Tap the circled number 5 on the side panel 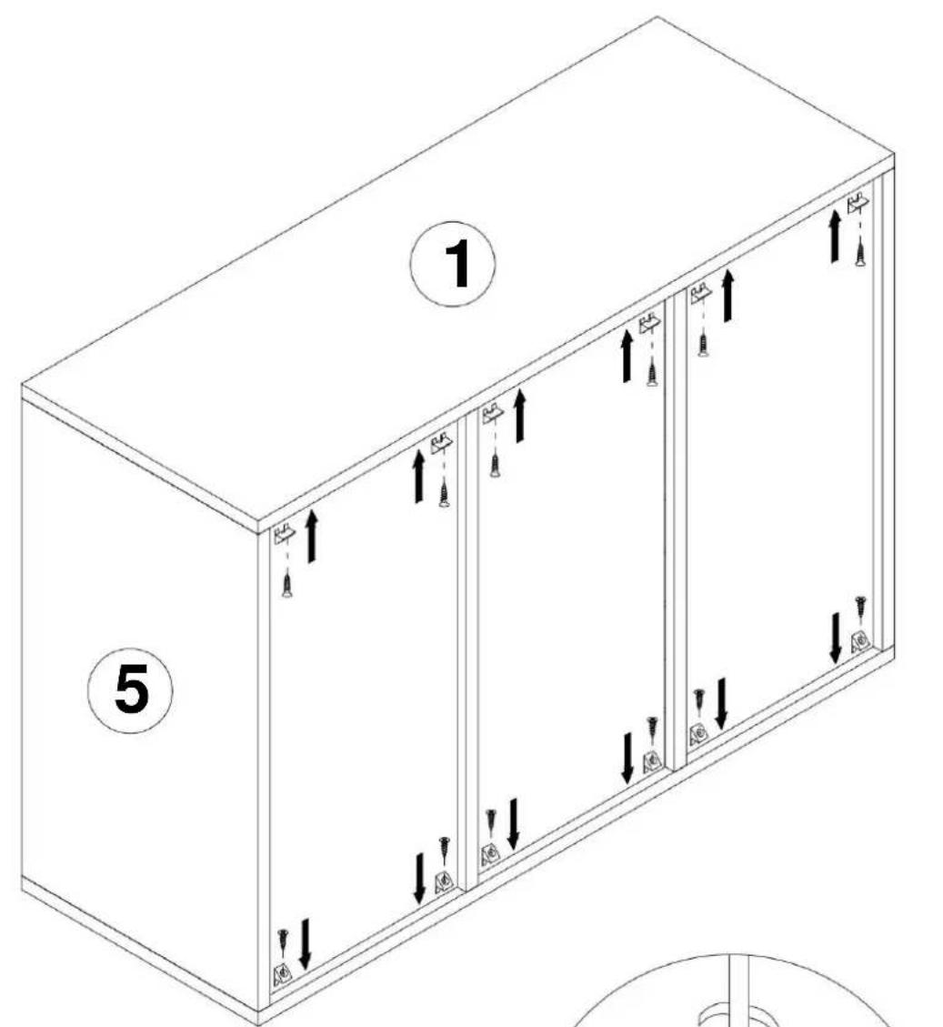(x=131, y=690)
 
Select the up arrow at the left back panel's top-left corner (x=312, y=536)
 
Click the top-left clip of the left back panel (x=285, y=534)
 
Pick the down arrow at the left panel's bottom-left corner (x=305, y=944)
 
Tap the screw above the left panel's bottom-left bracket (x=283, y=941)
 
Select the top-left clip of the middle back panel (x=493, y=414)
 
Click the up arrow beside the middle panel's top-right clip (x=627, y=356)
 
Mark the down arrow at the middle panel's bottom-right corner (x=627, y=757)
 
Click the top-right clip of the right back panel (x=858, y=203)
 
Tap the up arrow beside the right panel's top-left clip (x=727, y=296)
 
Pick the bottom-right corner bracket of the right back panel (x=860, y=642)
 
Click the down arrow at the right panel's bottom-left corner (x=721, y=703)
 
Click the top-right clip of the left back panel (x=442, y=443)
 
